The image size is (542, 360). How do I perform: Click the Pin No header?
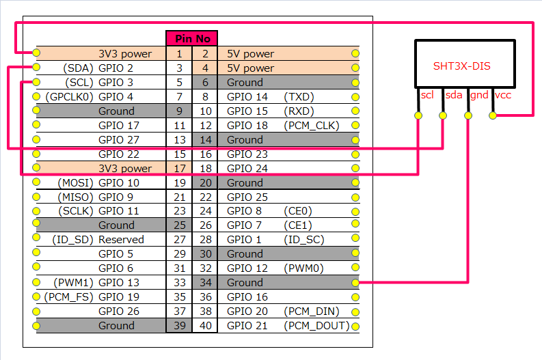(x=191, y=38)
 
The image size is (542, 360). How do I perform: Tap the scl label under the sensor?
(x=427, y=95)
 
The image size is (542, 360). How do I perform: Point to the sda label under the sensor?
(x=454, y=95)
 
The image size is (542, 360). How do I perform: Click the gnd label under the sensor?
(x=479, y=95)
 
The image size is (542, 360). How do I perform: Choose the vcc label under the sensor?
(x=503, y=95)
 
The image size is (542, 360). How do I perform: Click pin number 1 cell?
(x=179, y=53)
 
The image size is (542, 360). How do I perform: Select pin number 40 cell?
(x=206, y=326)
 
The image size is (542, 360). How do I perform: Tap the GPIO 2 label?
(x=116, y=68)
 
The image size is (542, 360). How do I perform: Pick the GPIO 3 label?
(x=116, y=82)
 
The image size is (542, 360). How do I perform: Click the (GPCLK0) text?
(x=69, y=96)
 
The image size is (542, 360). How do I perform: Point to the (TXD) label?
(x=299, y=96)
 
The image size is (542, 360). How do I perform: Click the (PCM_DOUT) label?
(x=316, y=326)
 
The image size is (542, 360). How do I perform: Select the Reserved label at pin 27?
(x=121, y=240)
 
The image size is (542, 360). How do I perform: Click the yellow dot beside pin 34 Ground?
(x=355, y=283)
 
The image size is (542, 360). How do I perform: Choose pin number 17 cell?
(x=179, y=168)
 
